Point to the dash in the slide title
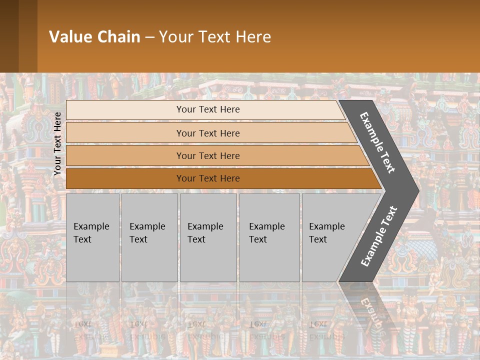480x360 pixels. click(x=149, y=37)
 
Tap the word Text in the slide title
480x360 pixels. click(x=210, y=37)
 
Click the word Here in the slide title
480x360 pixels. click(x=253, y=37)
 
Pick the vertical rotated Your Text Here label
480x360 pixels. click(x=57, y=144)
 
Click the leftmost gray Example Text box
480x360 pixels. click(x=92, y=237)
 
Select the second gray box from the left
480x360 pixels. click(x=149, y=237)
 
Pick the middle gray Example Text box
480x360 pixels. click(x=207, y=237)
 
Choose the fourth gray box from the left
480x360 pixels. click(x=269, y=237)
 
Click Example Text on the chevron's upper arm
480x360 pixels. click(x=378, y=142)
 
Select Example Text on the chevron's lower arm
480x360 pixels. click(x=379, y=236)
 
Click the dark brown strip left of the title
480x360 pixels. click(x=18, y=36)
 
